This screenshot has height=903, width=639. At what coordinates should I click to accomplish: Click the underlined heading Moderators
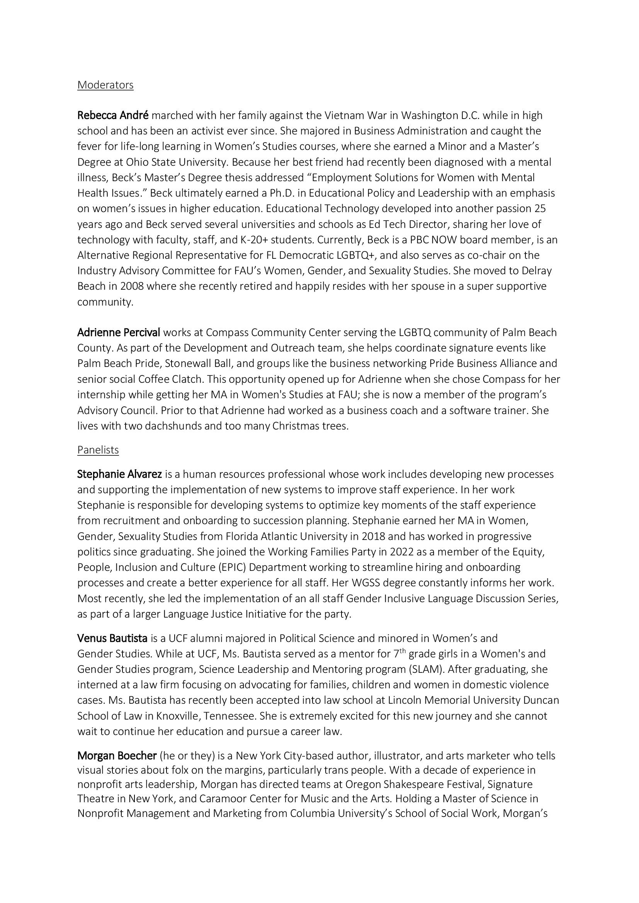click(x=105, y=85)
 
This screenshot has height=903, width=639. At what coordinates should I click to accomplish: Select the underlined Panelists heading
click(x=98, y=450)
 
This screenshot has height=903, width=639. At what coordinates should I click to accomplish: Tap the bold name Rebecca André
click(x=112, y=115)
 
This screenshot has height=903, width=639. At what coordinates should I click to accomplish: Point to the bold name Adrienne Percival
click(x=119, y=333)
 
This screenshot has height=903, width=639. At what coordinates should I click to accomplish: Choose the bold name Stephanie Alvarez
click(x=119, y=474)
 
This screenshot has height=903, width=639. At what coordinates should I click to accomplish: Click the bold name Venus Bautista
click(x=112, y=638)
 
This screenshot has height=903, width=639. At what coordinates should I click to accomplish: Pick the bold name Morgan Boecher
click(x=117, y=755)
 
